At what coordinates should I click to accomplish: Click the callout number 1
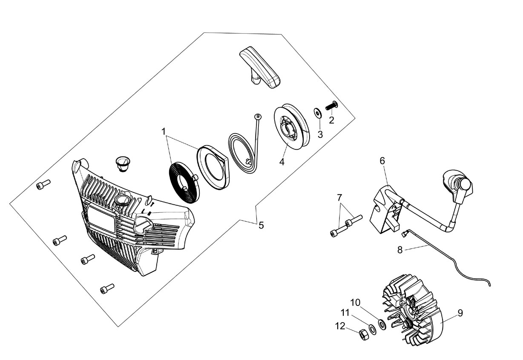point(164,131)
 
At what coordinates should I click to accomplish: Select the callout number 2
point(331,120)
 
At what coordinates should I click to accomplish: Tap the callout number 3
point(320,134)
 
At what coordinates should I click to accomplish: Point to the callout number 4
point(282,162)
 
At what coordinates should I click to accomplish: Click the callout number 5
point(261,226)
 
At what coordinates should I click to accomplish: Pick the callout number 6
point(382,161)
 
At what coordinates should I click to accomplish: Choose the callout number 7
point(339,197)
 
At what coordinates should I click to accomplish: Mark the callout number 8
point(400,250)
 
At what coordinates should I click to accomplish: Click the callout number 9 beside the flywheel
point(460,313)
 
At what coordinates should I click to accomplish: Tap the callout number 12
point(340,326)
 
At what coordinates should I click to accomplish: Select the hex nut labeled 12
point(364,335)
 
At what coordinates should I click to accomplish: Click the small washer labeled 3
point(318,113)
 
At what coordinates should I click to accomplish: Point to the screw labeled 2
point(332,106)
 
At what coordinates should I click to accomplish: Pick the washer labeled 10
point(382,324)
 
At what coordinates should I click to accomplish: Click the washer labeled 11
point(372,329)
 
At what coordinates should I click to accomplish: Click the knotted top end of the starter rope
point(258,116)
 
